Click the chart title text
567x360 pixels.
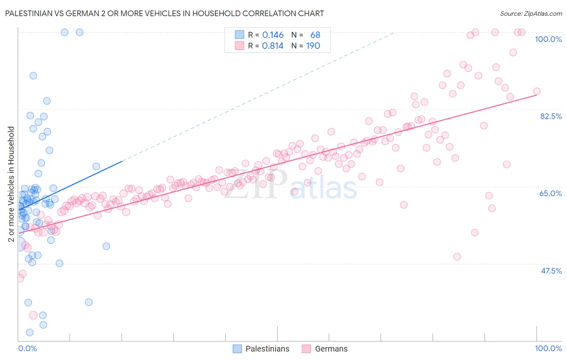click(x=165, y=13)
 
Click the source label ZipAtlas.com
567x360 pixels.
click(x=531, y=14)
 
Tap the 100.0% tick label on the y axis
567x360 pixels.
click(x=548, y=39)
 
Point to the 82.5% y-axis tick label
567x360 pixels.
click(x=550, y=116)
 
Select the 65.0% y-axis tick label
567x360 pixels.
click(x=550, y=193)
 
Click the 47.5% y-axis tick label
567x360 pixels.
click(x=551, y=271)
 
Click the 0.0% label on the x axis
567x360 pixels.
click(x=27, y=348)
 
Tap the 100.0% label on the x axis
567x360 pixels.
click(x=548, y=348)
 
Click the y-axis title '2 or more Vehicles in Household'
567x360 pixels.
click(x=11, y=184)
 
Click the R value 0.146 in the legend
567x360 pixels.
click(x=273, y=35)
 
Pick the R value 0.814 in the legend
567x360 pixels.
click(x=273, y=46)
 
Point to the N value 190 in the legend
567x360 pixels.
click(x=313, y=46)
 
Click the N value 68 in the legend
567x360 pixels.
click(x=315, y=35)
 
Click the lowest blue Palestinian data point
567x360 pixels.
click(x=29, y=333)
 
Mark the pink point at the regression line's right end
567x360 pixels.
click(x=536, y=92)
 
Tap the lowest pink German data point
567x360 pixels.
click(x=33, y=315)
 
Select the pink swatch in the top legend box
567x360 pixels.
click(x=240, y=46)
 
